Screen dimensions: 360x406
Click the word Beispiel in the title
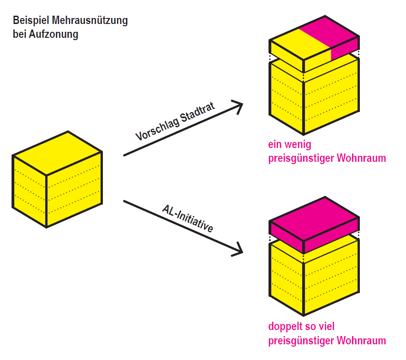coord(31,21)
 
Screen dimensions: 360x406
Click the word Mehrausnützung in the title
coord(90,21)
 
